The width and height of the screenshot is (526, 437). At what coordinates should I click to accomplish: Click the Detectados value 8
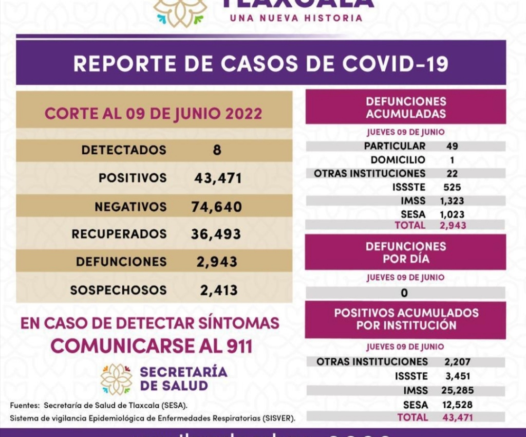pyautogui.click(x=217, y=150)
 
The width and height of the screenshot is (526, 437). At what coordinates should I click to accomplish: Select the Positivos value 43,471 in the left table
pyautogui.click(x=218, y=178)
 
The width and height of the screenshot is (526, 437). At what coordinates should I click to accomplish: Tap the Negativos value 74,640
pyautogui.click(x=216, y=207)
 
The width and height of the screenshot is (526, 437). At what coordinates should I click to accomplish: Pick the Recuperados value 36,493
pyautogui.click(x=216, y=234)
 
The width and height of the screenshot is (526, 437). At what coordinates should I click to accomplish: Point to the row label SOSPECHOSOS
pyautogui.click(x=118, y=290)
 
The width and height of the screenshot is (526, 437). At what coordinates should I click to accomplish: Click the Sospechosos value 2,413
pyautogui.click(x=219, y=291)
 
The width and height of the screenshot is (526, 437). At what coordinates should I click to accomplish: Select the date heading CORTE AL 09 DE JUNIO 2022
pyautogui.click(x=153, y=114)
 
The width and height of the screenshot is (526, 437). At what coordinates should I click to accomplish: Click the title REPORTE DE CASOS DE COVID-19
pyautogui.click(x=261, y=64)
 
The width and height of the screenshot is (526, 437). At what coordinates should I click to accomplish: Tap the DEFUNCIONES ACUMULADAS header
pyautogui.click(x=406, y=108)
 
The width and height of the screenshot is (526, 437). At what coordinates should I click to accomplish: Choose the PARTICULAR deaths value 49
pyautogui.click(x=452, y=146)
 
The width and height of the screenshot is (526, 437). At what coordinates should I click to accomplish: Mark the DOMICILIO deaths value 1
pyautogui.click(x=452, y=160)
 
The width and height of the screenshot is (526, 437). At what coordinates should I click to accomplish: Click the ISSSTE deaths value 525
pyautogui.click(x=452, y=187)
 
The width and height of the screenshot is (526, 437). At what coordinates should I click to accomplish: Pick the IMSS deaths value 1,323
pyautogui.click(x=452, y=200)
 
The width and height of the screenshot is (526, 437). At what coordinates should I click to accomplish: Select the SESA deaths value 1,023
pyautogui.click(x=452, y=214)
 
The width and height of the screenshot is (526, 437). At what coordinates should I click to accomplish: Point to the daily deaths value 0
pyautogui.click(x=404, y=293)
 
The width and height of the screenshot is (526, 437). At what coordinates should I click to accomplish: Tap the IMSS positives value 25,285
pyautogui.click(x=459, y=390)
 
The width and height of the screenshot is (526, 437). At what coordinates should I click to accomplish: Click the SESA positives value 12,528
pyautogui.click(x=459, y=404)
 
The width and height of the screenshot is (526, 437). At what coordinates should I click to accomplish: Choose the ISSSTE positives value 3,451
pyautogui.click(x=458, y=376)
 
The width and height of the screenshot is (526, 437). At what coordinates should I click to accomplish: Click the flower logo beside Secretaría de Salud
pyautogui.click(x=116, y=379)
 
